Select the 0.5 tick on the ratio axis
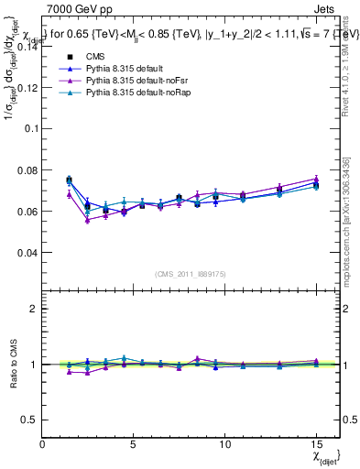point(28,420)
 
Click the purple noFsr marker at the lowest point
point(87,220)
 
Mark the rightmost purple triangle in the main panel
point(316,180)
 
